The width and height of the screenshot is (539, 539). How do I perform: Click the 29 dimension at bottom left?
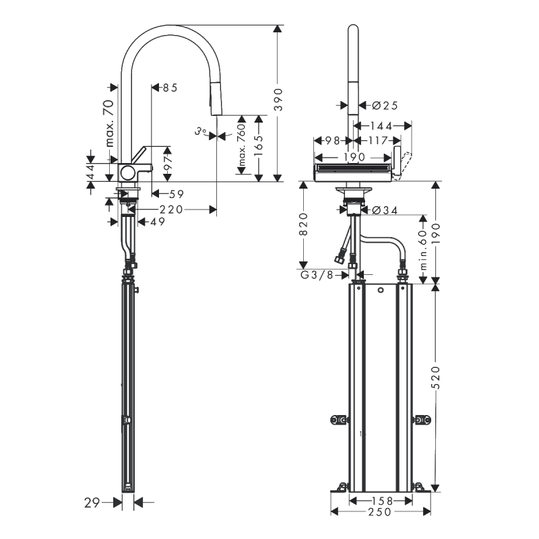[x=93, y=501]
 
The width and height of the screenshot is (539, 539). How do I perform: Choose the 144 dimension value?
[x=381, y=126]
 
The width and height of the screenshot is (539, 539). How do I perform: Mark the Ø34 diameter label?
[x=384, y=210]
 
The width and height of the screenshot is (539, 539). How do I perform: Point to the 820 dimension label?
[x=304, y=224]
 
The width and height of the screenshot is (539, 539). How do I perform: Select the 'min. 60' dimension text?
[x=422, y=249]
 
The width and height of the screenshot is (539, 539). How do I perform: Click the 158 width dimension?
[x=381, y=501]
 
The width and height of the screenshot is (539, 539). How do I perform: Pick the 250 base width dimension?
[x=381, y=512]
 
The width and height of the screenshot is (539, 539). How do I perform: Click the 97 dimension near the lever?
[x=168, y=162]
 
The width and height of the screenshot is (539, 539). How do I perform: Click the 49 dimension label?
[x=156, y=222]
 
